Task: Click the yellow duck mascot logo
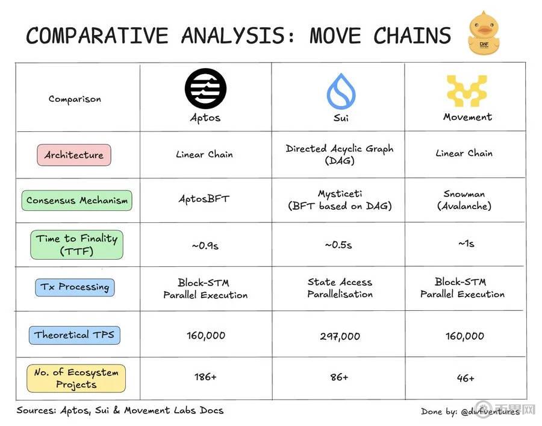[484, 33]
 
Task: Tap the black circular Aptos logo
[205, 89]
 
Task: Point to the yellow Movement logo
[467, 90]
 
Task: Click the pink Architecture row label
[74, 155]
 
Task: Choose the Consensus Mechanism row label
[76, 201]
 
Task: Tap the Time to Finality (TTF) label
[76, 245]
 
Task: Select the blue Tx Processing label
[75, 287]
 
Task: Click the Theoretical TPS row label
[74, 335]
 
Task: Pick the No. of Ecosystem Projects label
[76, 378]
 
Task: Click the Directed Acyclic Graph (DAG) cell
[340, 154]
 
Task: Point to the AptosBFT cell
[204, 199]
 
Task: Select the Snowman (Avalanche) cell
[464, 200]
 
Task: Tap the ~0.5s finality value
[338, 245]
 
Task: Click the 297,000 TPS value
[340, 336]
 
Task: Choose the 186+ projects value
[205, 377]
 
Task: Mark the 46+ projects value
[466, 378]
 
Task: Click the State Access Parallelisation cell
[340, 288]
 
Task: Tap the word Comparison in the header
[75, 99]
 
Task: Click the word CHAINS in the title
[412, 36]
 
